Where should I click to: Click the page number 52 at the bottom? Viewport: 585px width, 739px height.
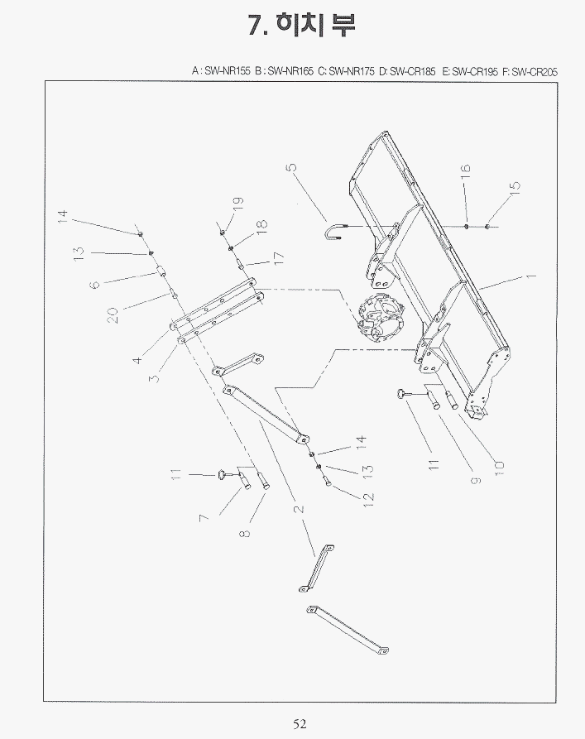click(300, 724)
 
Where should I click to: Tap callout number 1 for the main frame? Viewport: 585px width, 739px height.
click(531, 275)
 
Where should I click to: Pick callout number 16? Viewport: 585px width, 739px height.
click(465, 172)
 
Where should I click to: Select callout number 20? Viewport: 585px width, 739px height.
click(111, 315)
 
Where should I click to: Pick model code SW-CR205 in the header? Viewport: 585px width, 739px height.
click(535, 72)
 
